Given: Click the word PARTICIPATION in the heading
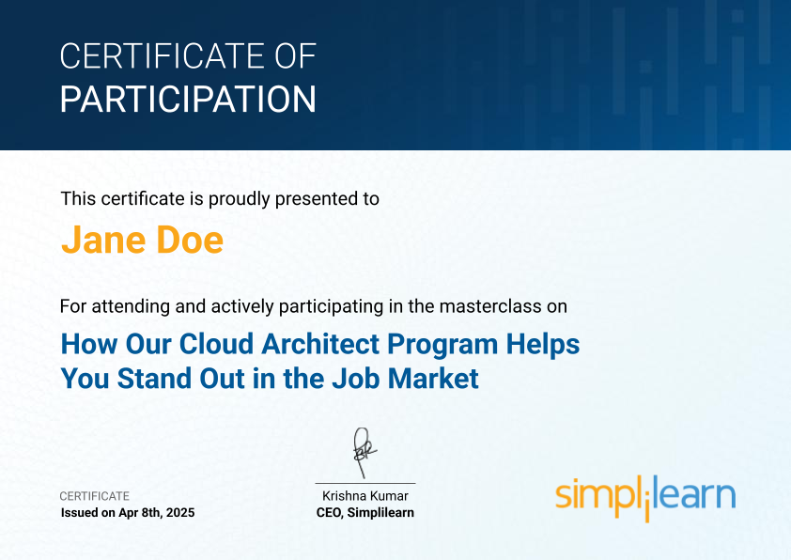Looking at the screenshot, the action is point(188,99).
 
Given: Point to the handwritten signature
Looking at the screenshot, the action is point(364,453).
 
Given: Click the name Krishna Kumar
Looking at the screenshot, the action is point(365,496).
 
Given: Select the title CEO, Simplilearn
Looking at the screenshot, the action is point(365,513).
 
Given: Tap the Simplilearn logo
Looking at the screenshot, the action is point(645,497).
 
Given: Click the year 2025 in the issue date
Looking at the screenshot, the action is point(180,513).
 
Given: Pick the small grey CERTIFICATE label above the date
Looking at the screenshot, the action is point(95,496).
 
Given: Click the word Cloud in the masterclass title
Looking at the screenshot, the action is point(216,344).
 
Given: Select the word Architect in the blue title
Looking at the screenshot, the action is point(320,344).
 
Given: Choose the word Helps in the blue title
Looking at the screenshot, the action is point(543,345).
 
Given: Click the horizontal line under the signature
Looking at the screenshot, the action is point(365,483).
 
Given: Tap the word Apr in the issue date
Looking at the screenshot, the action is point(128,513).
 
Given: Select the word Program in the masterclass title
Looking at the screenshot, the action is point(442,345).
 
